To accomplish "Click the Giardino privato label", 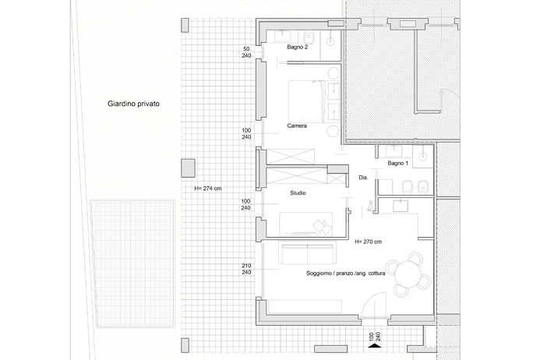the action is (133, 104).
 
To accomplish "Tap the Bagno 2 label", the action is (298, 48).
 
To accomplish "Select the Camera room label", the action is (297, 125).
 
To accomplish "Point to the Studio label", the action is (298, 193).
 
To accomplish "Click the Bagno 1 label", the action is (397, 163).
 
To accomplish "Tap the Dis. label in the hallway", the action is (363, 178).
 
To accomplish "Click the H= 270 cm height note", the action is (368, 242).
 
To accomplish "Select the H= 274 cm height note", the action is (208, 189).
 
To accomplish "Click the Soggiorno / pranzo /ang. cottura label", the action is (346, 274).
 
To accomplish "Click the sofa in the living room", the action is (308, 254).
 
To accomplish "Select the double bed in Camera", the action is (305, 101).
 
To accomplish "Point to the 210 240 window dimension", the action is (246, 269).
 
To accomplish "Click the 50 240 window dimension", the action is (246, 52).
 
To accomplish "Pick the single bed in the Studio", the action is (305, 224).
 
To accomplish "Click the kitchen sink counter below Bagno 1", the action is (401, 206).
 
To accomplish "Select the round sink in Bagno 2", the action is (330, 41).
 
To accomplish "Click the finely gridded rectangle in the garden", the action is (132, 263).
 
